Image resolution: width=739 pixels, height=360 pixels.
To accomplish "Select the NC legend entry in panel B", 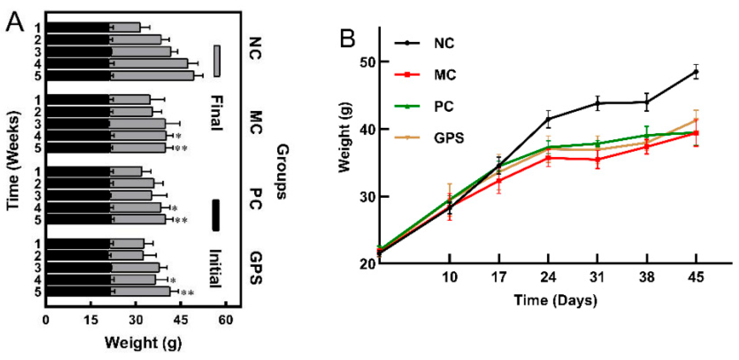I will (444, 44).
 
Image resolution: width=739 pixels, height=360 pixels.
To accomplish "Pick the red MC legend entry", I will (444, 75).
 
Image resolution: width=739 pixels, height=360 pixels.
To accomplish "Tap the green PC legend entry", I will (444, 107).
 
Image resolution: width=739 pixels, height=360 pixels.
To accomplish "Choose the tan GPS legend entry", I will (448, 138).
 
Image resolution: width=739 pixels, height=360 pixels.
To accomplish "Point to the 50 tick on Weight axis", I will (368, 62).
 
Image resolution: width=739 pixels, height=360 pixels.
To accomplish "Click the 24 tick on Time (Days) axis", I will (548, 277).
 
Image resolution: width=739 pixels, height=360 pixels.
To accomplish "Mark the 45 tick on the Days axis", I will (695, 277).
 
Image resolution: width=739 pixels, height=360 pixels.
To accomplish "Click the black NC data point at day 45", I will (696, 71).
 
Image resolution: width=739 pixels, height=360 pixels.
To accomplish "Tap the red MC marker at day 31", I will (597, 160).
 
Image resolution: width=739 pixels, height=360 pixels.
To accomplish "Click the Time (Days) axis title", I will (555, 300).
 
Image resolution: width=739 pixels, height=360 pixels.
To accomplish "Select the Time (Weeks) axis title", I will (13, 160).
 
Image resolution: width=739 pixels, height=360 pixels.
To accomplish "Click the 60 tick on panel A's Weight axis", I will (226, 320).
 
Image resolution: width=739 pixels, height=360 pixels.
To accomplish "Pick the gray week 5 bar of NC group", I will (153, 76).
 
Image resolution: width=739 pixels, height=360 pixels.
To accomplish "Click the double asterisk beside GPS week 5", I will (187, 293).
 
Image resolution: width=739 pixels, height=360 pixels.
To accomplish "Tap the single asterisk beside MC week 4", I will (178, 136).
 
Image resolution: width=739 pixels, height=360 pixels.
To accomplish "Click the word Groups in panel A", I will (282, 172).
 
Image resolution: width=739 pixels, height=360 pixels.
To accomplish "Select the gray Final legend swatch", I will (217, 61).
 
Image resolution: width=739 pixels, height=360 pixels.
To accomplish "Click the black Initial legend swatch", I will (216, 215).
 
